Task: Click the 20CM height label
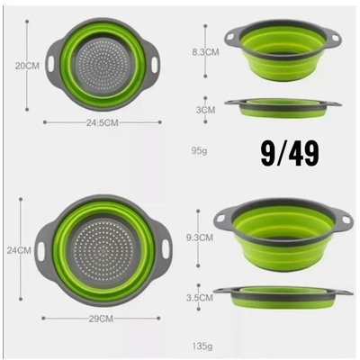point(27,66)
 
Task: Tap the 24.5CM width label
point(103,122)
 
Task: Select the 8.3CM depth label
point(206,52)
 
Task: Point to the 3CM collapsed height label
point(206,110)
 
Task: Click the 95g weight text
point(200,150)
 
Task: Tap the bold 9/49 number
point(290,154)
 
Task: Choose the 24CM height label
point(19,250)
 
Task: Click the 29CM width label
point(101,319)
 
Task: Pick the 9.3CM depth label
point(200,238)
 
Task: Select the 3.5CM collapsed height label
point(200,298)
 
